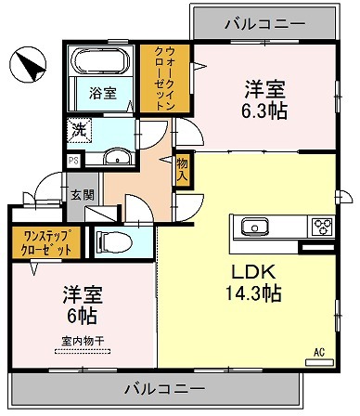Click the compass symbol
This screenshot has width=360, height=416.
coord(28,64)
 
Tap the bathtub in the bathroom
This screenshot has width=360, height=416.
coord(100,61)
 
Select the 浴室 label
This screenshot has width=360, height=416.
coord(103,93)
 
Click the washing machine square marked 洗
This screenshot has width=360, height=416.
coord(80,131)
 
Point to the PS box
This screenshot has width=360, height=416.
coord(73,161)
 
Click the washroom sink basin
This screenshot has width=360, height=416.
coord(118,157)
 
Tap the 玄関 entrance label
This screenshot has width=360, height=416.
coord(83,195)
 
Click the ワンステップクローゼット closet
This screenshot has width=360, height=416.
coord(46,242)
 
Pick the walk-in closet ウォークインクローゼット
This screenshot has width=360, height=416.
coord(164,79)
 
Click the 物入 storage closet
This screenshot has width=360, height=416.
coord(183,169)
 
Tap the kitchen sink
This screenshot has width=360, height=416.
coord(255,227)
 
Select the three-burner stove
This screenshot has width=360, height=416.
coord(322,226)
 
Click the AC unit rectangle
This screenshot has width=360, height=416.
coord(319,362)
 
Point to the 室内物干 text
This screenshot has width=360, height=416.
coord(83,342)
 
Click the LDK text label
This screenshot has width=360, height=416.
coord(253,272)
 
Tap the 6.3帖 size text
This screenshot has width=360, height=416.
coord(264,110)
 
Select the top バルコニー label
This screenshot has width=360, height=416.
coord(264,24)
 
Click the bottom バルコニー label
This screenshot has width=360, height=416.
coord(165,388)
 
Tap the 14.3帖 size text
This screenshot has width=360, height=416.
coord(253,293)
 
